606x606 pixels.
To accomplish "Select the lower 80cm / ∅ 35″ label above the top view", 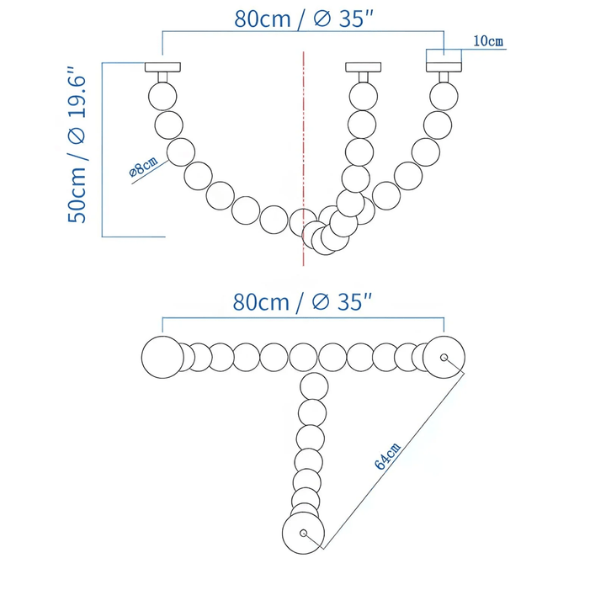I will (303, 302).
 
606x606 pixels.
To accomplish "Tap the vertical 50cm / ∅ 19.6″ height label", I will (77, 146).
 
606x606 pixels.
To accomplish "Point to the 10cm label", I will (488, 40).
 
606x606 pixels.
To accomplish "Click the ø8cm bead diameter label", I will (142, 168).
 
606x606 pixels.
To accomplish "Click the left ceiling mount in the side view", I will (162, 67).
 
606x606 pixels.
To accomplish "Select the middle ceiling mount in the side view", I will (362, 67).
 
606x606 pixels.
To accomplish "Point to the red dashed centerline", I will (302, 151).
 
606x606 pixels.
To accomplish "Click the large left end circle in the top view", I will (162, 357).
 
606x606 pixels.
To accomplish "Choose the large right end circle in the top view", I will (443, 357).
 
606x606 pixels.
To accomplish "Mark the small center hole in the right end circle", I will (444, 357).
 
